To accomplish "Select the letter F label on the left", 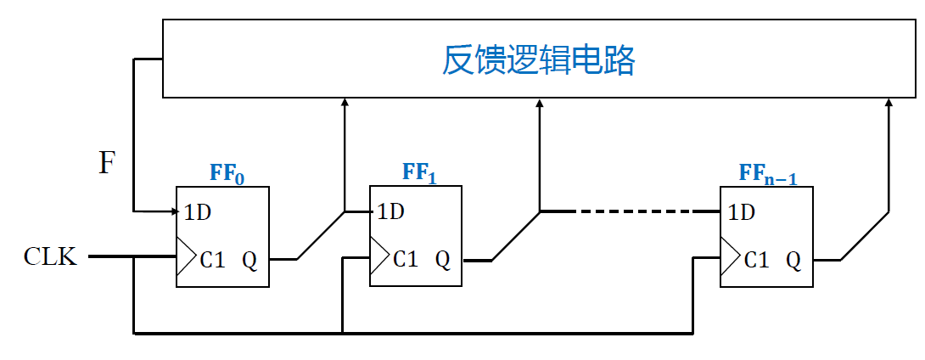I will [x=106, y=162].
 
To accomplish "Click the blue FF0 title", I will [x=227, y=173].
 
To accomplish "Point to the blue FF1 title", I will [x=420, y=173].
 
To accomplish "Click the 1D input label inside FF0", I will [x=198, y=212].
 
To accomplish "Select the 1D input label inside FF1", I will [x=390, y=212].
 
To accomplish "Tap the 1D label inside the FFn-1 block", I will [x=742, y=212].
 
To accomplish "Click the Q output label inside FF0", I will [x=250, y=259].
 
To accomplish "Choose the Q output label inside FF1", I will [x=443, y=259].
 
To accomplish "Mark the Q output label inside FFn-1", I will [x=793, y=259].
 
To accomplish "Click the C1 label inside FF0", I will [x=212, y=259].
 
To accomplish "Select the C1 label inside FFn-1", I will [x=756, y=259].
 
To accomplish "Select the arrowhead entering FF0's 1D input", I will [x=171, y=211].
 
